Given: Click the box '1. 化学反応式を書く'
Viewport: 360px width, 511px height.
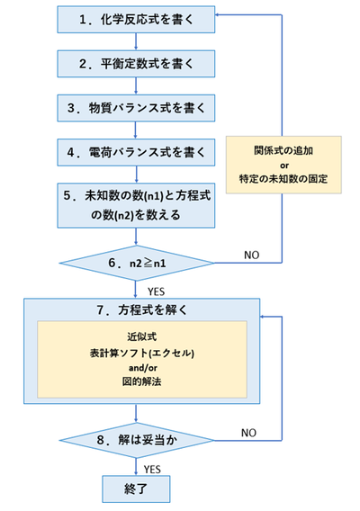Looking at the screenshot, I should coord(135,17).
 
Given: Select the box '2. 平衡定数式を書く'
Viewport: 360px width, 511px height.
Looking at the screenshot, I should coord(135,63).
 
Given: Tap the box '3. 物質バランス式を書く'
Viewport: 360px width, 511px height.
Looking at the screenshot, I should coord(135,109).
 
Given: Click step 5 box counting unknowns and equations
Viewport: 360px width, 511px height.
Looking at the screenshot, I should coord(135,206).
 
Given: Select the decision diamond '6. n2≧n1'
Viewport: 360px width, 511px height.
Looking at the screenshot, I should coord(135,264).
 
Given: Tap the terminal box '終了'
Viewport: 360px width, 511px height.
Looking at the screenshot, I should coord(135,492).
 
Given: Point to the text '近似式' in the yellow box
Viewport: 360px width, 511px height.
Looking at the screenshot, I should coord(135,336).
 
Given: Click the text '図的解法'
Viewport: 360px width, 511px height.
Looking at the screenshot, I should coord(135,382).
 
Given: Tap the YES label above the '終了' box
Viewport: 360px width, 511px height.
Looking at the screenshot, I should coord(155,469).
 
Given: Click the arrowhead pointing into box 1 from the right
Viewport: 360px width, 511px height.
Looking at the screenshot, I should coord(220,17).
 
